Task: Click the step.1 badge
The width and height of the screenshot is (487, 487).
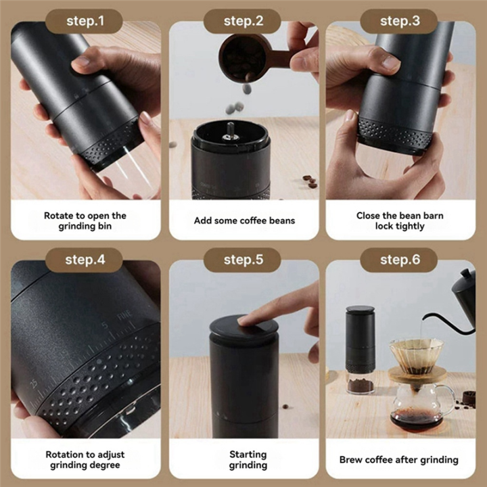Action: pyautogui.click(x=85, y=21)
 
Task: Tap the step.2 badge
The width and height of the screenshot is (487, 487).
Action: pyautogui.click(x=243, y=21)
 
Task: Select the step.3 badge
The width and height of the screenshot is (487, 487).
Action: pyautogui.click(x=400, y=21)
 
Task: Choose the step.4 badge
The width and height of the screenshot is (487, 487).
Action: pyautogui.click(x=85, y=260)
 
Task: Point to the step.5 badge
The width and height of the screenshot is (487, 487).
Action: pyautogui.click(x=243, y=260)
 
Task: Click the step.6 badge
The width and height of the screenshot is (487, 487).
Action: pyautogui.click(x=400, y=260)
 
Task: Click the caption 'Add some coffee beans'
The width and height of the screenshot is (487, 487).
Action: pyautogui.click(x=244, y=221)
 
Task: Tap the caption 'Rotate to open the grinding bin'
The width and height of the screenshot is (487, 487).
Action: pyautogui.click(x=85, y=221)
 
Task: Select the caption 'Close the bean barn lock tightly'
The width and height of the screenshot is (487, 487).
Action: pyautogui.click(x=400, y=221)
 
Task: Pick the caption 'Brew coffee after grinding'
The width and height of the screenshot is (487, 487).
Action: pyautogui.click(x=400, y=460)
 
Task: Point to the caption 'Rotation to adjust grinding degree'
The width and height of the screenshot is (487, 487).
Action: pyautogui.click(x=85, y=460)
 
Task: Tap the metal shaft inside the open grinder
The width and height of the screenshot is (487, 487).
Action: pyautogui.click(x=231, y=129)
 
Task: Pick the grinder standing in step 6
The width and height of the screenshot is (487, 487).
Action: pyautogui.click(x=361, y=348)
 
